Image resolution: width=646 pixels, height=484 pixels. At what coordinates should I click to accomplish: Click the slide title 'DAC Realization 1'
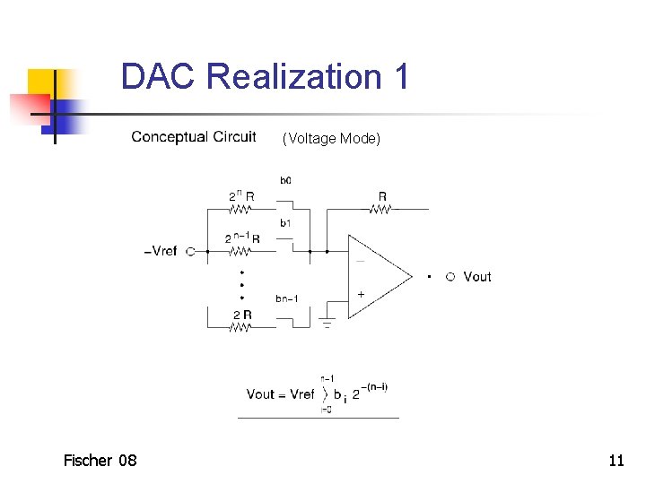point(265,76)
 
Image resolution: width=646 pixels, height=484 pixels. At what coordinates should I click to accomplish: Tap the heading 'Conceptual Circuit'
point(194,137)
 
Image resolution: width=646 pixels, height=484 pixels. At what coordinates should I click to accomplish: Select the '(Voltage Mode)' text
point(331,138)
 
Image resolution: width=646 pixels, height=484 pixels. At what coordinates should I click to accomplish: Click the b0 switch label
point(285,180)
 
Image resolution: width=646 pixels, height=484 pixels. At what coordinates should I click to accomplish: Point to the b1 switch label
point(285,222)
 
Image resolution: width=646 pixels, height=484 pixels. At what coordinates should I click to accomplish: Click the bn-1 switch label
point(287,298)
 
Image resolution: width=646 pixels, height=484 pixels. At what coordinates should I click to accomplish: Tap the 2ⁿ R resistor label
point(240,195)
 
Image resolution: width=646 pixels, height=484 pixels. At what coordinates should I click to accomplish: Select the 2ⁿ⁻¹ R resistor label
point(242,238)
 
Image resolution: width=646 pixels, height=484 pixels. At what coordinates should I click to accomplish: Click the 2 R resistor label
point(242,315)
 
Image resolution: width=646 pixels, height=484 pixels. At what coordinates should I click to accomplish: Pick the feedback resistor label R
point(382,195)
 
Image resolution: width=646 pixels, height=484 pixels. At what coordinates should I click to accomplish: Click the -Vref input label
point(161,252)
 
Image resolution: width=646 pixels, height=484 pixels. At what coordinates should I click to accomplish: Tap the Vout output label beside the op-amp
point(477,277)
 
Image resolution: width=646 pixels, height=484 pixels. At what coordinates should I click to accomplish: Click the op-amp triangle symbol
point(377,276)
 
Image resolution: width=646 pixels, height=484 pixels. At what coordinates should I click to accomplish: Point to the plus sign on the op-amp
point(361,294)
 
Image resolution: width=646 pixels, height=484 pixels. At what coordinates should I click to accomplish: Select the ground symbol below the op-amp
point(327,322)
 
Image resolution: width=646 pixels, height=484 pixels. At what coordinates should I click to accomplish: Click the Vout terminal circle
point(450,277)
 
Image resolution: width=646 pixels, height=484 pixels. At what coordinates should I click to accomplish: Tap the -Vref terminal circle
point(190,252)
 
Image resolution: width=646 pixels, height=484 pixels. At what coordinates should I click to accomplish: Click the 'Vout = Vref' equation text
point(280,394)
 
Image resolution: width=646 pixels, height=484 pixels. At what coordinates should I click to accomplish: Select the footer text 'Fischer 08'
point(100,461)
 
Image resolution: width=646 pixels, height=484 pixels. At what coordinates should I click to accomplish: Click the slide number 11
point(615,461)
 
